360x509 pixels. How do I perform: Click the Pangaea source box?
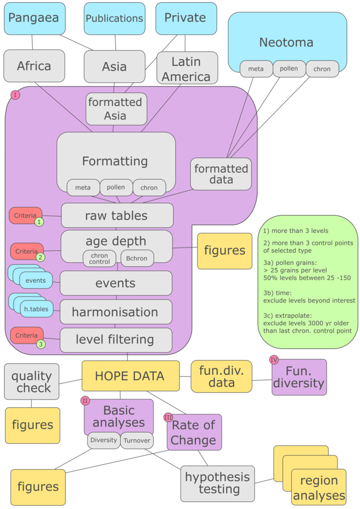33,18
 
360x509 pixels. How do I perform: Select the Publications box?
114,18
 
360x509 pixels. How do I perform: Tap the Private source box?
184,18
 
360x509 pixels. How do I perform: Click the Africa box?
34,66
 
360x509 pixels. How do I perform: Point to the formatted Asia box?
115,108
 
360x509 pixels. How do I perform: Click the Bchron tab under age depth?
137,258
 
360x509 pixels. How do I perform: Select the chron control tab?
99,259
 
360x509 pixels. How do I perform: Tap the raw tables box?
117,216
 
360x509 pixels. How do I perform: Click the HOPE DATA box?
129,376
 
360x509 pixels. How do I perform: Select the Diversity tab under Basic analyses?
104,440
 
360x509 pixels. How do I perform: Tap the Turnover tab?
135,440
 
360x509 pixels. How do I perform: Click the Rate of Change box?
194,433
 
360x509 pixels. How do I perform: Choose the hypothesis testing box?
218,483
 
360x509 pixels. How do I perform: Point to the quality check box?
32,382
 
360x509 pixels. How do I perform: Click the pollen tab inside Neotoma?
289,69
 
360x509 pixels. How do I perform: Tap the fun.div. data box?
221,376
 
